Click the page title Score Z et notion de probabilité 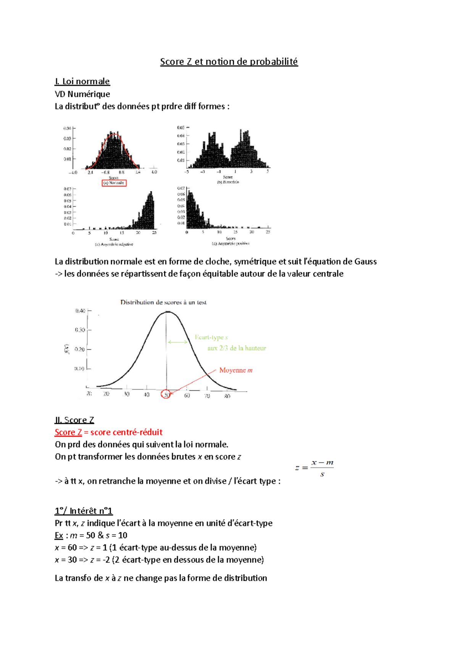pos(229,61)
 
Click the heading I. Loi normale pos(82,81)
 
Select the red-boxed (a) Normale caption pos(114,183)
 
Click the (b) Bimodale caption pos(228,182)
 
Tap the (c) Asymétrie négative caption pos(114,244)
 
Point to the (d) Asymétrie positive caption pos(231,243)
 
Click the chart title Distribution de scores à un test pos(163,302)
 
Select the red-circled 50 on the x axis pos(166,395)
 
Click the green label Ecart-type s pos(211,337)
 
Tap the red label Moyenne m pos(235,370)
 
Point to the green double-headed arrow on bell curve pos(177,342)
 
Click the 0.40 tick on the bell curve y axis pos(80,311)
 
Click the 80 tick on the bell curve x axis pos(227,396)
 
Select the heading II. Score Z pos(74,420)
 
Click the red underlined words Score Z pos(68,432)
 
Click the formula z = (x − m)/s pos(314,468)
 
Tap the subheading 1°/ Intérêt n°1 pos(84,511)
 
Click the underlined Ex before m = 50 pos(59,535)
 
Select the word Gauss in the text pos(365,261)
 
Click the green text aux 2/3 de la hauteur pos(237,348)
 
